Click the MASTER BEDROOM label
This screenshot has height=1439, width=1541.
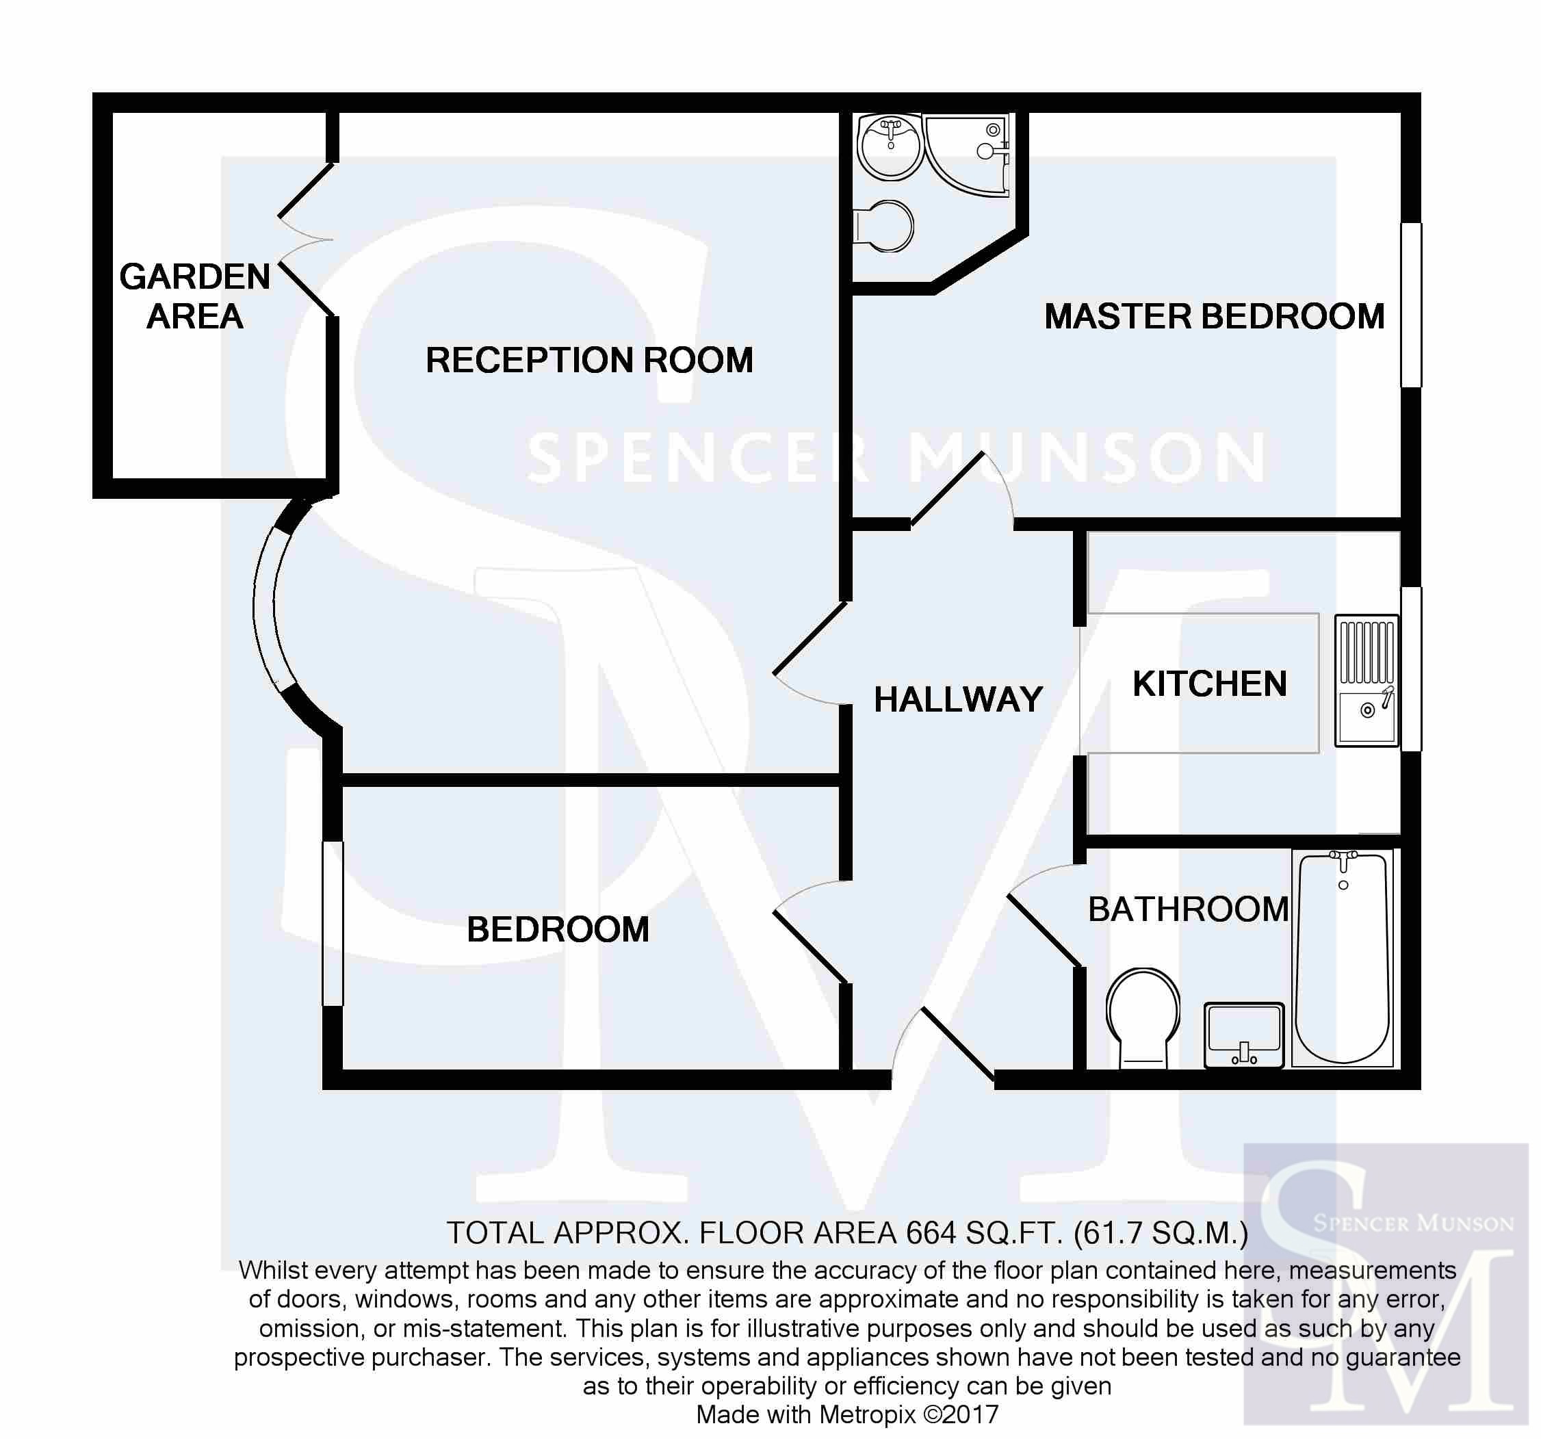tap(1214, 316)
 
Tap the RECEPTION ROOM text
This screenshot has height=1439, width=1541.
tap(589, 360)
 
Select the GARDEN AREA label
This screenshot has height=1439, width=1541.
tap(194, 296)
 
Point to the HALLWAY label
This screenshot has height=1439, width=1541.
tap(958, 699)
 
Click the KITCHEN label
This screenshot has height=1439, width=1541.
tap(1209, 684)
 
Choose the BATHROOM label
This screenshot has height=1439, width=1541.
tap(1189, 909)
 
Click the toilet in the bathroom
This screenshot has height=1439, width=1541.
tap(1143, 1018)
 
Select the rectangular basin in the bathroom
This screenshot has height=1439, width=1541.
tap(1244, 1035)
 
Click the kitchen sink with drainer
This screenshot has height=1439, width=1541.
tap(1367, 681)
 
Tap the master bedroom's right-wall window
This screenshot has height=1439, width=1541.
tap(1411, 304)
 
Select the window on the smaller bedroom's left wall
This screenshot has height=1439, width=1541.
tap(333, 924)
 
